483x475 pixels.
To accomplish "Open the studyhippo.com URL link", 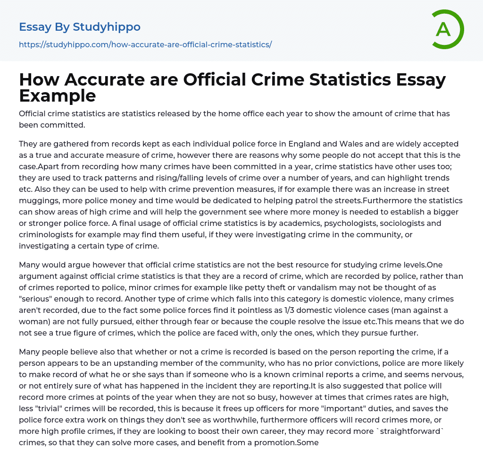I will click(145, 44).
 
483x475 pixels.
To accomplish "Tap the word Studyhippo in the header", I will click(107, 27).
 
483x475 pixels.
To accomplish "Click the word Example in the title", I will click(58, 95).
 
